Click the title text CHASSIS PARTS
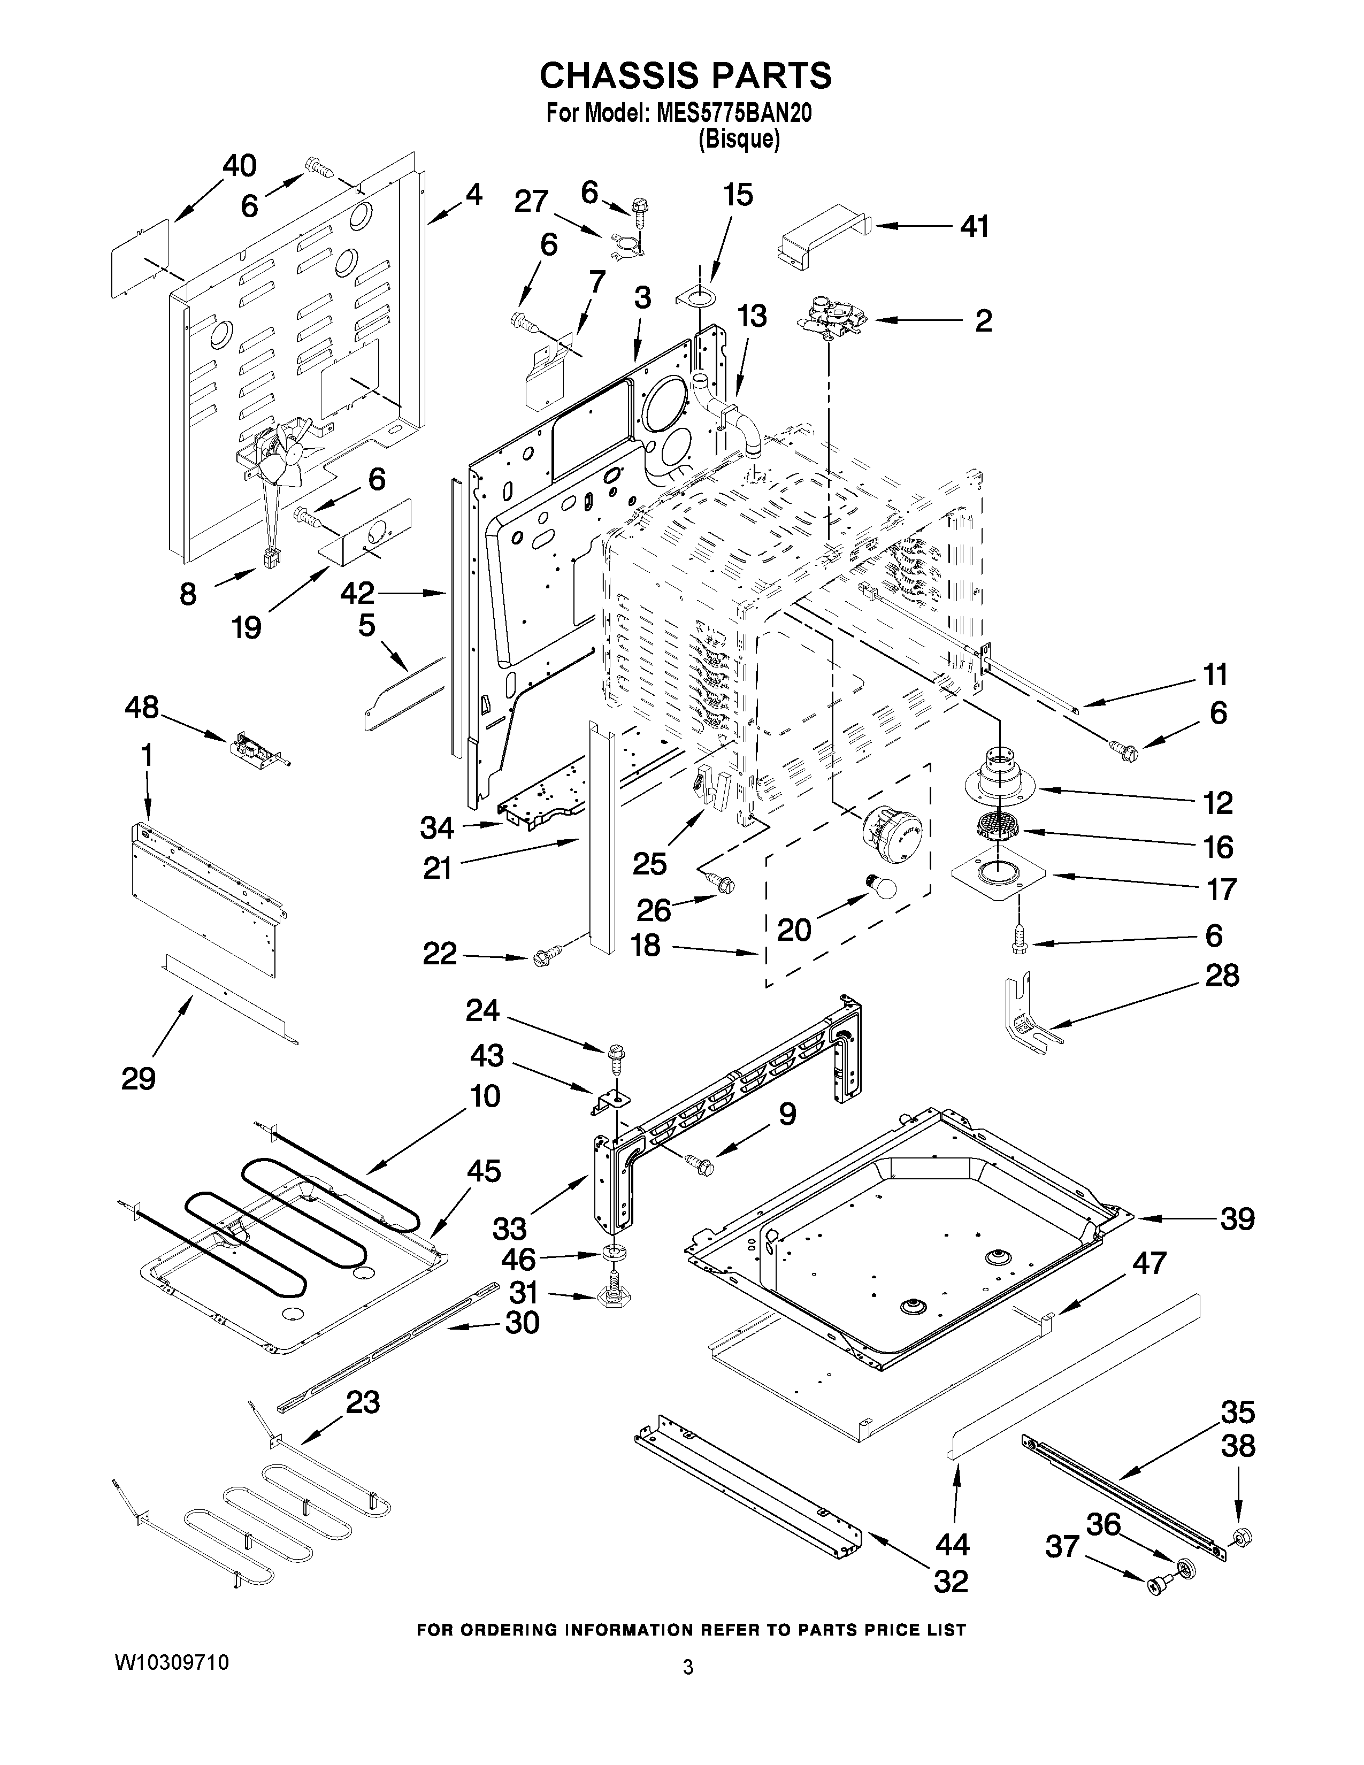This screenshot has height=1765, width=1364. [x=685, y=75]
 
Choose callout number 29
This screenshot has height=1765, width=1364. [x=138, y=1078]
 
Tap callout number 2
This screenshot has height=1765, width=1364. [x=983, y=321]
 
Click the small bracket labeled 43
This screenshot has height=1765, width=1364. [x=609, y=1101]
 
